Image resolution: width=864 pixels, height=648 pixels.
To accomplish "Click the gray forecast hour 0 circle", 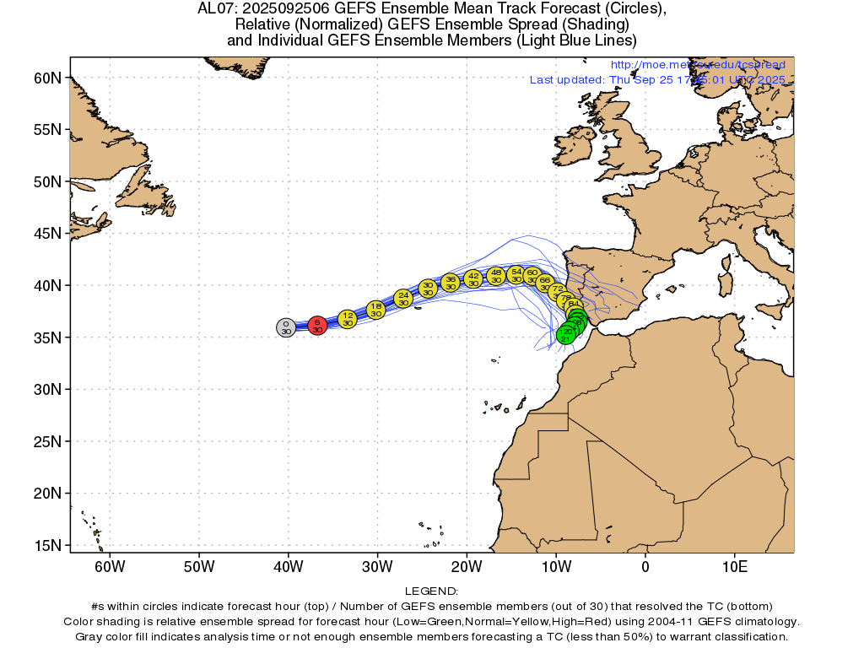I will coord(286,327).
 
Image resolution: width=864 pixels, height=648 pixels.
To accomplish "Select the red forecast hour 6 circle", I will coord(317,326).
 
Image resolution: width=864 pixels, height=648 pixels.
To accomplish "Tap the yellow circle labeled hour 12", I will coord(348,318).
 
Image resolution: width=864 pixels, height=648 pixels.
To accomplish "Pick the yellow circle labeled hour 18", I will coord(376,310).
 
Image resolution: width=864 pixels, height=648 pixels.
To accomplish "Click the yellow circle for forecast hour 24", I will coord(403,298).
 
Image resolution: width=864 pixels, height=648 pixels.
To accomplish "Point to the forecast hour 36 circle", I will coord(451,282).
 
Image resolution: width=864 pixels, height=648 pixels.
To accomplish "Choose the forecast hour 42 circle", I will coord(473,278).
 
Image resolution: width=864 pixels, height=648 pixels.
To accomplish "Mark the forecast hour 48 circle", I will coord(496,276).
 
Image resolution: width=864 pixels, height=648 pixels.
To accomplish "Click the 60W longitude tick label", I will coord(110,564).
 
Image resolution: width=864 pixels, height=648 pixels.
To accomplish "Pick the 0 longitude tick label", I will coord(645,564).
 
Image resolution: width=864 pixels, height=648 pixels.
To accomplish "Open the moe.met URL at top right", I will coord(697,65).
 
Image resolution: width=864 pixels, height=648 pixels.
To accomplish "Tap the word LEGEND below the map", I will coord(431,591).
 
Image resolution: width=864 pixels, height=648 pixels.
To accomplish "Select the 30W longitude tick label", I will coord(377,564).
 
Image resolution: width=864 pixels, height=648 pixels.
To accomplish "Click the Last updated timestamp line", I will coord(657,79).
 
